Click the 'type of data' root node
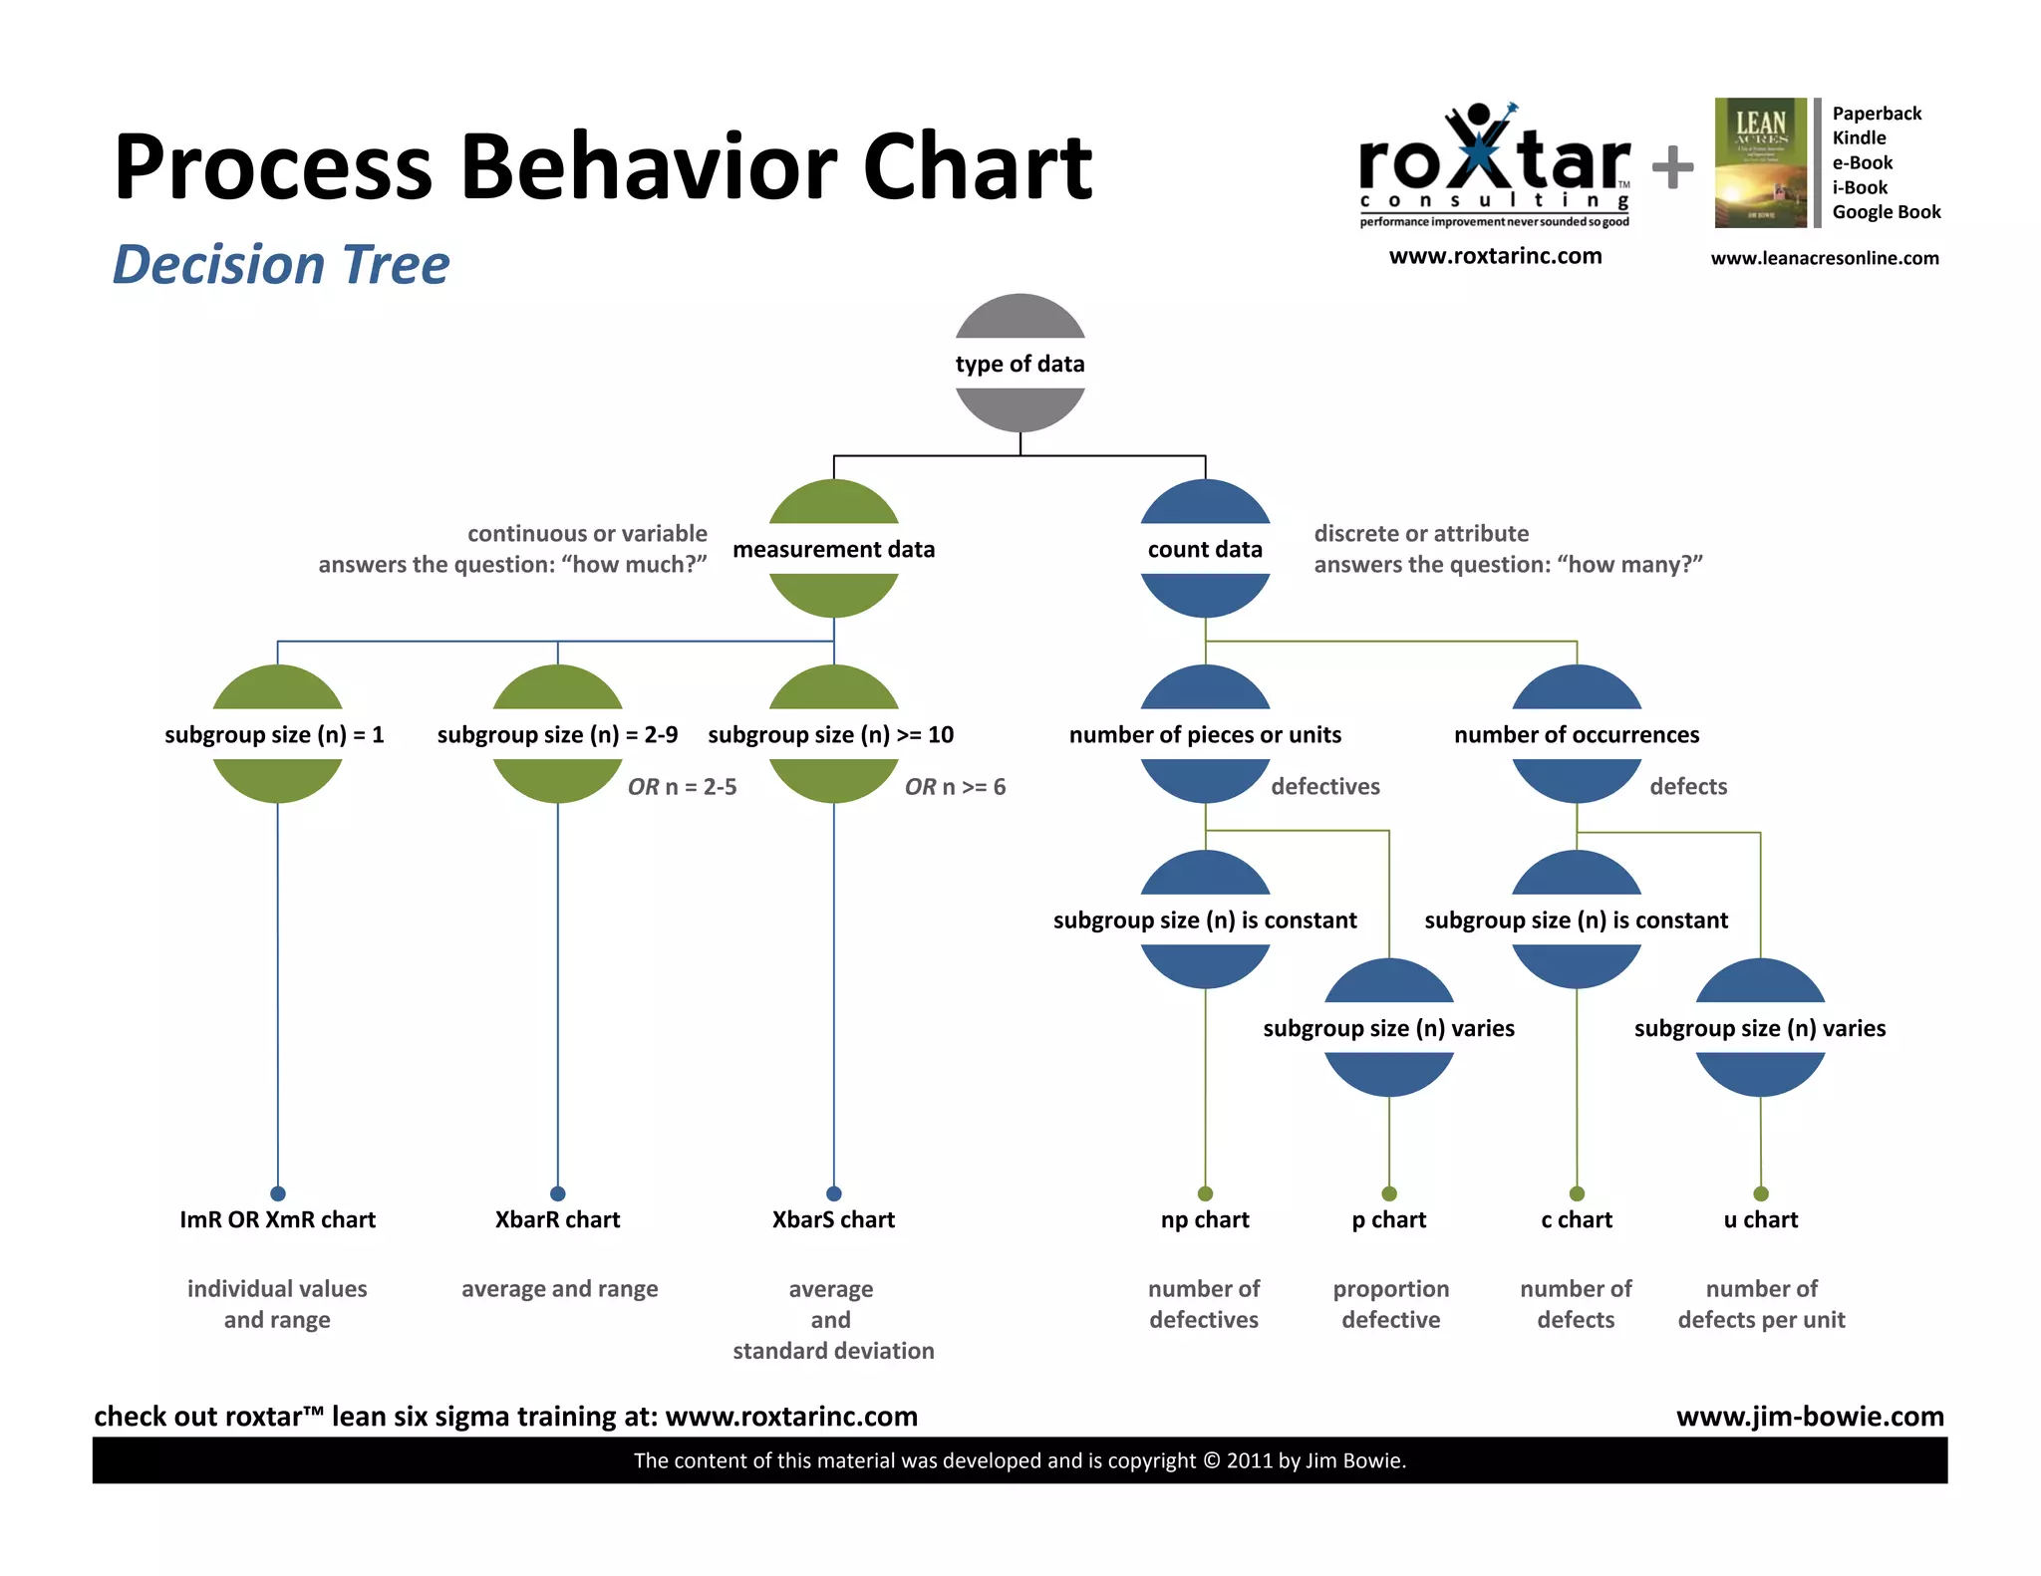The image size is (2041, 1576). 1020,364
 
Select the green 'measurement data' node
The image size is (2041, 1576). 833,549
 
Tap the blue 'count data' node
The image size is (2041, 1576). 1205,549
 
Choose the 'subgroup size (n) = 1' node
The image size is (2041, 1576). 276,735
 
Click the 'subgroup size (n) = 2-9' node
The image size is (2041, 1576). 557,735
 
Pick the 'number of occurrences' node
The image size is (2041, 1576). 1576,735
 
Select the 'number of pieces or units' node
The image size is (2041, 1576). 1205,735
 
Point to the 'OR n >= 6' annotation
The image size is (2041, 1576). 955,787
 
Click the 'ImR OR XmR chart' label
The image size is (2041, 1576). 277,1219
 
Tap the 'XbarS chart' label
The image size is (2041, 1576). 833,1219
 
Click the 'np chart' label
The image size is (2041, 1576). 1204,1219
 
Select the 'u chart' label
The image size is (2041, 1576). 1760,1219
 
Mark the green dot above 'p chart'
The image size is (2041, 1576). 1389,1193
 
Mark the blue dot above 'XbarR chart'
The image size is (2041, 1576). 557,1193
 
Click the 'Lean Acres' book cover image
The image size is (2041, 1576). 1760,162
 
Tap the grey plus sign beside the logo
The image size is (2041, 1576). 1672,167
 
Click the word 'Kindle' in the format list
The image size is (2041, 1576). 1859,138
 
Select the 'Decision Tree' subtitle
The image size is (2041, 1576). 281,265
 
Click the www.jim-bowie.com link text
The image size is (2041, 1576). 1810,1416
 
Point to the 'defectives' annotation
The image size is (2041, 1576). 1324,787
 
